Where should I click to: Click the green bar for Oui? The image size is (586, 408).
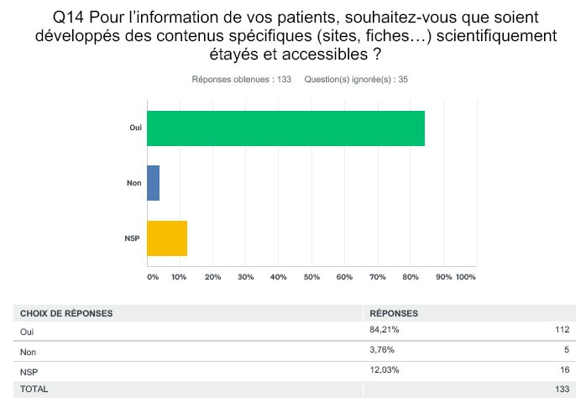(x=285, y=128)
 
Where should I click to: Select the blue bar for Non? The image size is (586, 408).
(x=153, y=183)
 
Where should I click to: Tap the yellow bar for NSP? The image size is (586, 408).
(x=166, y=238)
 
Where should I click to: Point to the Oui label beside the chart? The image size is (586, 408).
(x=135, y=128)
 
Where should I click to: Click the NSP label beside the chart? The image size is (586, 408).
(x=132, y=238)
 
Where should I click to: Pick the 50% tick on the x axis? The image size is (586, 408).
(x=311, y=276)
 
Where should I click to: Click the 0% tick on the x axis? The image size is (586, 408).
(x=152, y=276)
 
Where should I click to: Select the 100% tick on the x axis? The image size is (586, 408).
(x=466, y=276)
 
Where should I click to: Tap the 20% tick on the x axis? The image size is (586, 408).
(x=212, y=276)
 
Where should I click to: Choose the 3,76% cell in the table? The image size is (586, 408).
(x=381, y=351)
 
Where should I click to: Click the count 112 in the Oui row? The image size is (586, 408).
(x=562, y=331)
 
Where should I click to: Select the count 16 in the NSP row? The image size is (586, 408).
(x=565, y=370)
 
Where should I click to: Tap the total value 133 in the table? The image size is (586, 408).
(x=562, y=390)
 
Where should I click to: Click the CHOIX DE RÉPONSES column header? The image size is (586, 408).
(x=66, y=313)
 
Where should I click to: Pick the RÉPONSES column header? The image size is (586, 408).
(x=395, y=313)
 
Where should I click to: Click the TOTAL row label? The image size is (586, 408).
(x=34, y=390)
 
